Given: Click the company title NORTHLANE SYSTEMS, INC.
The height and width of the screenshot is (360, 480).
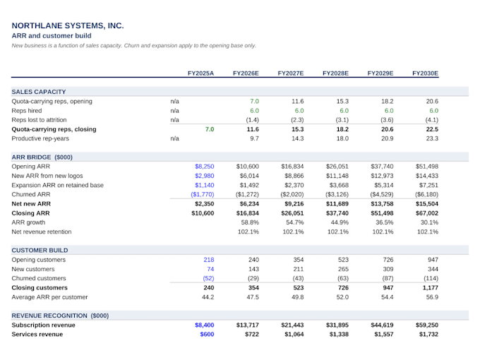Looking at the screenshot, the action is coord(68,25).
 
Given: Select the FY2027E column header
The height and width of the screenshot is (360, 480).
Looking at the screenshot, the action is coord(291,73).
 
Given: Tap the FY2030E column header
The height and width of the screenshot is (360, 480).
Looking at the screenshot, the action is coord(425,73).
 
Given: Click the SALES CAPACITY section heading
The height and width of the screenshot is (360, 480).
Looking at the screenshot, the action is coord(39,92).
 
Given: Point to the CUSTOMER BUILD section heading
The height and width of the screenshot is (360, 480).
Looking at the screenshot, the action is coord(40,251).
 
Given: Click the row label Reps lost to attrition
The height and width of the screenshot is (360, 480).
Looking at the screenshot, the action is coord(39,120).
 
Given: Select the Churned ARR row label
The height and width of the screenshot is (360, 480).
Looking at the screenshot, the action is coord(31,194).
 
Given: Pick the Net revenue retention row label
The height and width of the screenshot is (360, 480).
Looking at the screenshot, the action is coord(42,232).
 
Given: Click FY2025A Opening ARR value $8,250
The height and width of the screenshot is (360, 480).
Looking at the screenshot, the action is coord(205,167).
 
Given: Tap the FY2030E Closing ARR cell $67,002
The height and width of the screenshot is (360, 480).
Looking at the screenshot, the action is coord(427,213).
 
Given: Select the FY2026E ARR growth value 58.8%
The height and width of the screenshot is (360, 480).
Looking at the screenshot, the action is coord(250,222).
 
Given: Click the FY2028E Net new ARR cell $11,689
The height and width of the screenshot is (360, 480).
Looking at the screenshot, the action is coord(337,204).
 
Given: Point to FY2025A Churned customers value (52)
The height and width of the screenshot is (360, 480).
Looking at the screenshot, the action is coord(208,279).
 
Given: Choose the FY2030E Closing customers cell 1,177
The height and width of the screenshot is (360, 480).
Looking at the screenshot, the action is coord(431,288).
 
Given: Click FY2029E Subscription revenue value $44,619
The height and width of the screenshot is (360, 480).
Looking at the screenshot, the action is coord(382,325).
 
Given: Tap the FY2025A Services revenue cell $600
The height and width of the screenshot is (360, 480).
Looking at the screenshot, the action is coord(207,335).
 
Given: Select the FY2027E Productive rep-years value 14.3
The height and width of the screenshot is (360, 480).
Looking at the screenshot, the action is coord(298,138).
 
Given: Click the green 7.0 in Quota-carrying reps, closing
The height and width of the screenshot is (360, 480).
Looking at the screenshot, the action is coord(210,129).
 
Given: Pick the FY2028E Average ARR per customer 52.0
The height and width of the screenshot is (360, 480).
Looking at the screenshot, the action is coord(342,297).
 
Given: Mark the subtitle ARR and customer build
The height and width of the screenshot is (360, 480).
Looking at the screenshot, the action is coord(52,36).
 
